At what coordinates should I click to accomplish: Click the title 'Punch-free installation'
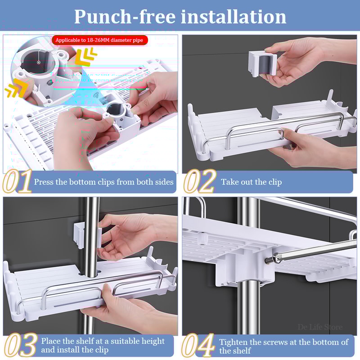[x=180, y=16]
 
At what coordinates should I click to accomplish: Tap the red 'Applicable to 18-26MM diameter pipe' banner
[x=99, y=40]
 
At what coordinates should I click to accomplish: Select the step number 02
[x=200, y=182]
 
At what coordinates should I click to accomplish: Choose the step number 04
[x=198, y=346]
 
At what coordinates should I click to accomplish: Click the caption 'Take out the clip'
[x=251, y=182]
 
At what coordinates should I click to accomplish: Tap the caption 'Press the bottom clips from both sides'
[x=103, y=182]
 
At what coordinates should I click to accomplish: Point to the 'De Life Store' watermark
[x=320, y=327]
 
